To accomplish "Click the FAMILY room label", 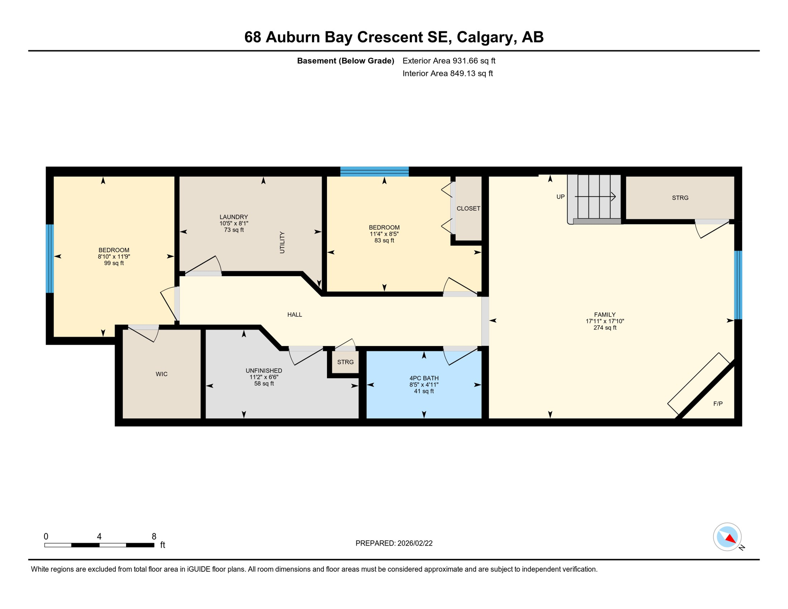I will pyautogui.click(x=604, y=315).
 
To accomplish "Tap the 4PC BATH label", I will pyautogui.click(x=424, y=378).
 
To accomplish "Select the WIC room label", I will pyautogui.click(x=161, y=374).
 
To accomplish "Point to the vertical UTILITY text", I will pyautogui.click(x=282, y=243).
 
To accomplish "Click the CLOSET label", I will pyautogui.click(x=468, y=209).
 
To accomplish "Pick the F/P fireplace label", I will pyautogui.click(x=718, y=404).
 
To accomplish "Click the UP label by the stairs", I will pyautogui.click(x=560, y=197).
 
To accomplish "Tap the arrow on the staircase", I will pyautogui.click(x=595, y=197).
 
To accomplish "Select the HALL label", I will pyautogui.click(x=295, y=315).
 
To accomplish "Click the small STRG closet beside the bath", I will pyautogui.click(x=345, y=362).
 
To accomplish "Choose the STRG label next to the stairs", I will pyautogui.click(x=680, y=198).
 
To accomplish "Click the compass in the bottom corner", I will pyautogui.click(x=727, y=537).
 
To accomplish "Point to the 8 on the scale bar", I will pyautogui.click(x=154, y=536).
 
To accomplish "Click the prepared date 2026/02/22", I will pyautogui.click(x=415, y=544).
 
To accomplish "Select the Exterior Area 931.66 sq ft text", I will pyautogui.click(x=449, y=61).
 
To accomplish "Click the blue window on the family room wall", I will pyautogui.click(x=738, y=285).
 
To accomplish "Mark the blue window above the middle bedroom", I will pyautogui.click(x=374, y=172).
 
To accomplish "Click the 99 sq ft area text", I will pyautogui.click(x=114, y=263).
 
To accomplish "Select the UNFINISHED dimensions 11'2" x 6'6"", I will pyautogui.click(x=264, y=377).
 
